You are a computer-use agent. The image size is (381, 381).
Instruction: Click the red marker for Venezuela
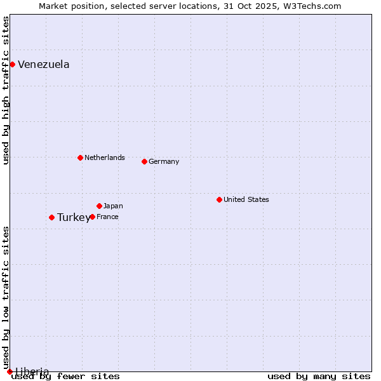[x=12, y=64]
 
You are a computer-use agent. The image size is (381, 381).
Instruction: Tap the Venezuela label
[x=43, y=65]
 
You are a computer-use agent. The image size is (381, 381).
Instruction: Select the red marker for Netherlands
[x=80, y=157]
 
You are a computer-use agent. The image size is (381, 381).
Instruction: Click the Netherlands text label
[x=104, y=157]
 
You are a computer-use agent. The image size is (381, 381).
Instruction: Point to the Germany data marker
[x=144, y=161]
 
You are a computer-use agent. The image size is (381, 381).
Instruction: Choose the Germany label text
[x=164, y=161]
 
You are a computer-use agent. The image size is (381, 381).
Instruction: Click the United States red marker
[x=219, y=199]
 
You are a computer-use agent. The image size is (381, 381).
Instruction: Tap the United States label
[x=246, y=199]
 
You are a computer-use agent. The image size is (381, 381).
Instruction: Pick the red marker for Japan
[x=99, y=206]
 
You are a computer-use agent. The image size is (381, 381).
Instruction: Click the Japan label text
[x=113, y=206]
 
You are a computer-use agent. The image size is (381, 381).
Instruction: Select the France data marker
[x=92, y=217]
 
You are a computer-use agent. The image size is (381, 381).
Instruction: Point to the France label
[x=107, y=217]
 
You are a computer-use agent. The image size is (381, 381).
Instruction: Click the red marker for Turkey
[x=51, y=217]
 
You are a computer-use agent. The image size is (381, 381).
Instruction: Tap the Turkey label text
[x=73, y=218]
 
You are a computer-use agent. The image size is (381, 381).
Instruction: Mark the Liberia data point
[x=10, y=371]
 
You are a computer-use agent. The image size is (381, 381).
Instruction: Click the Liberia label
[x=32, y=371]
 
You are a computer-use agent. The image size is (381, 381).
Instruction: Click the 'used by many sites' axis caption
[x=319, y=377]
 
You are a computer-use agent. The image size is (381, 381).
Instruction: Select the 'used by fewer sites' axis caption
[x=66, y=377]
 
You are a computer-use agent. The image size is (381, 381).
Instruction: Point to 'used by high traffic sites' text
[x=6, y=90]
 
